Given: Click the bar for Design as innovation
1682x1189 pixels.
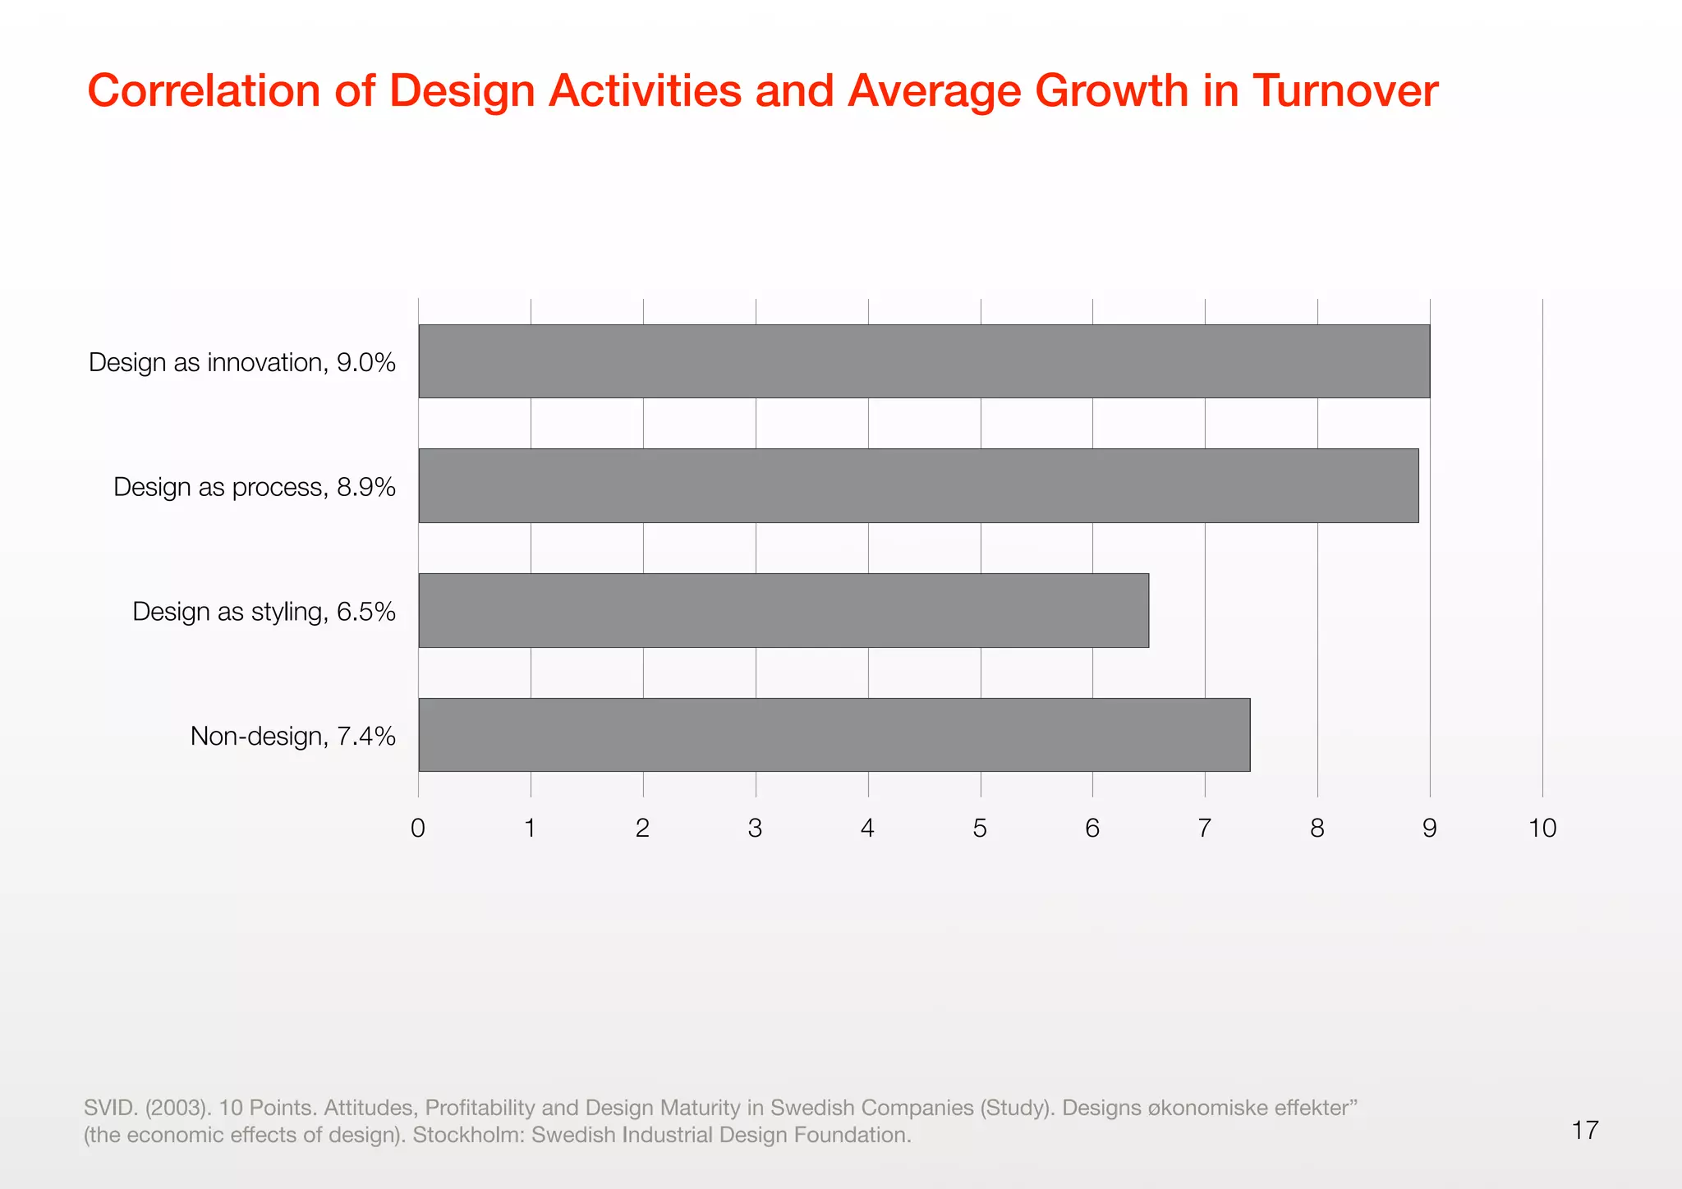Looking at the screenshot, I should (x=924, y=361).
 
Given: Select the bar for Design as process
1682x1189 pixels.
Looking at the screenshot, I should (x=918, y=485).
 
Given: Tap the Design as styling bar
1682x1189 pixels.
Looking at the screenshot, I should (x=784, y=610).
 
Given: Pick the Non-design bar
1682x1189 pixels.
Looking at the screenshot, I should (x=834, y=735).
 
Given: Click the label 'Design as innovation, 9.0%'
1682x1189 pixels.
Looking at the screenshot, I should (x=242, y=362).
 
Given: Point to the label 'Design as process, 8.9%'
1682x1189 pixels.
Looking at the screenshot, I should (x=255, y=487).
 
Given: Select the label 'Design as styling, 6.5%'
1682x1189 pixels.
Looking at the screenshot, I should (x=264, y=612).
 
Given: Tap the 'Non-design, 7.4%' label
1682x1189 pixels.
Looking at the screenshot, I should (x=292, y=736).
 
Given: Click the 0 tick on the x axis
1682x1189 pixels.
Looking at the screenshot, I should (x=418, y=828).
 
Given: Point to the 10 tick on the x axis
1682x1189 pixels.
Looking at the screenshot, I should (x=1542, y=828).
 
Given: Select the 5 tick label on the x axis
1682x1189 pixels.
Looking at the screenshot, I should (x=980, y=828).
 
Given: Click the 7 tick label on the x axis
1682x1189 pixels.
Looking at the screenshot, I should (x=1204, y=828).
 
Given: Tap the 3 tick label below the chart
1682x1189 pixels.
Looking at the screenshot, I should (x=755, y=828).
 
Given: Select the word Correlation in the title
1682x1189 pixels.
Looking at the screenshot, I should (x=204, y=90).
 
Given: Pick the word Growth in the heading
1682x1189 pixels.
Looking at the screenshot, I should (x=1111, y=90).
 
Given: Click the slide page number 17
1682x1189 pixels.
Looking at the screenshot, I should (x=1584, y=1130).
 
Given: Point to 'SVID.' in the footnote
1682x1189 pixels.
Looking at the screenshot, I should (x=111, y=1108).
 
